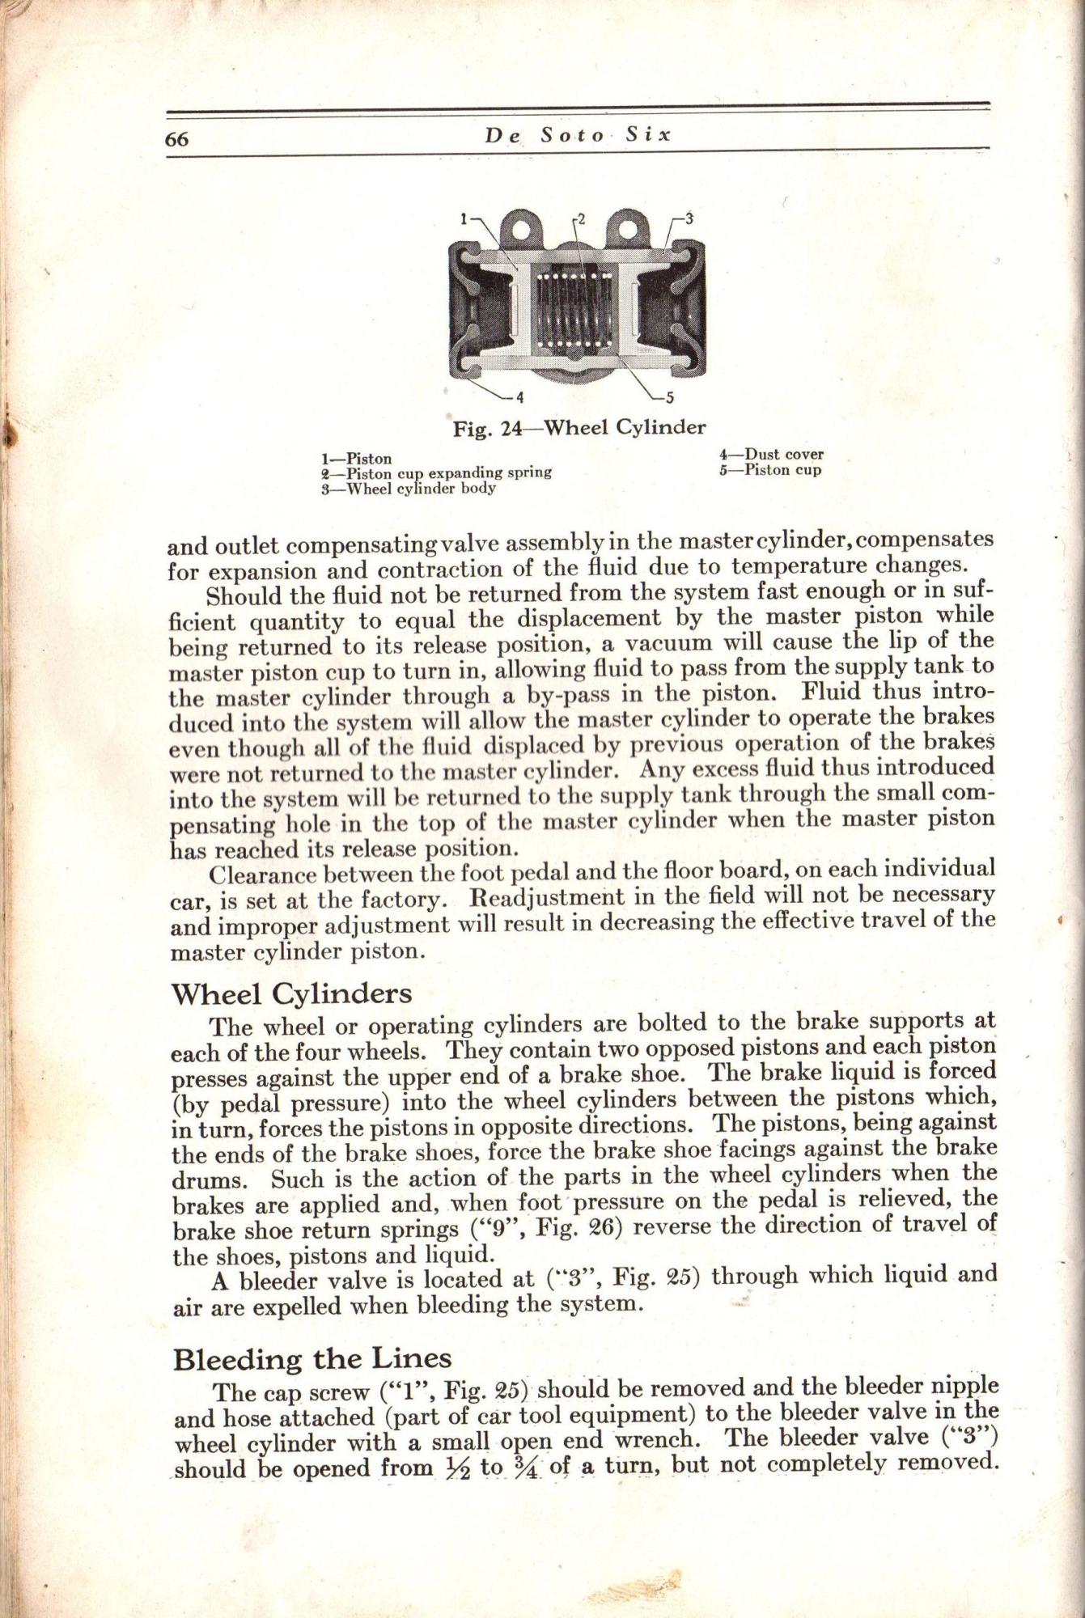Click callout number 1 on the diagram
pos(465,218)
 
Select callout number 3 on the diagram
pos(689,217)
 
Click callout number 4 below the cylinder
pos(520,397)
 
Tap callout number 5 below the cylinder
pos(669,397)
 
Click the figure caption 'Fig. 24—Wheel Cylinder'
pos(579,427)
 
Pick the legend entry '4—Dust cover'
pos(771,455)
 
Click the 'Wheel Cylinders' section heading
pos(292,993)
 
